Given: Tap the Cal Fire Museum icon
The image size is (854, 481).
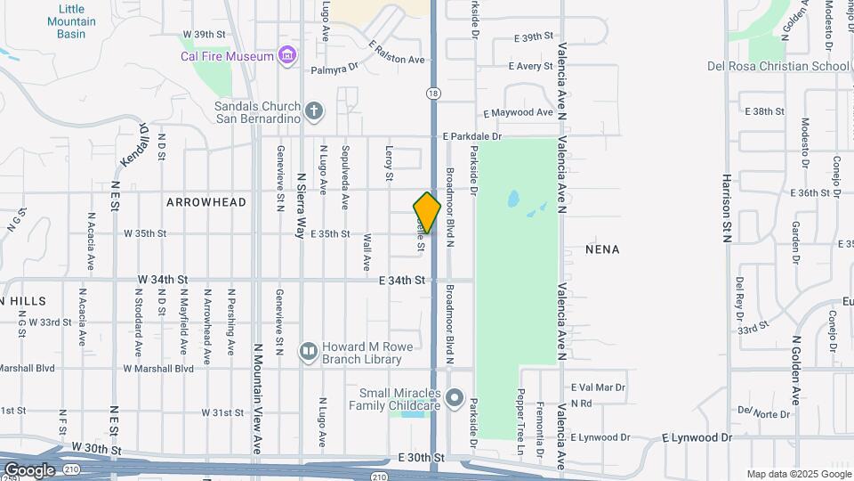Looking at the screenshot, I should click(286, 56).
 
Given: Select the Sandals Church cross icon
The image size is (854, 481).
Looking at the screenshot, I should click(313, 111).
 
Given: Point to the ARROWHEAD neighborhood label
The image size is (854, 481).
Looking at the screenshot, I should click(205, 202).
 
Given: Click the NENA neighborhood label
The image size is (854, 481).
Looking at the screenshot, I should click(602, 250).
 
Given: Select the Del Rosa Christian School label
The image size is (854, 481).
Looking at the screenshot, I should click(778, 66).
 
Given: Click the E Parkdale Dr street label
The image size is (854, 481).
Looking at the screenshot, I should click(472, 136).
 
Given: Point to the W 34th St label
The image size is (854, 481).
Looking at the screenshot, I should click(163, 280).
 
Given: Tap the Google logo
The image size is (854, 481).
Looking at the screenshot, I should click(29, 469).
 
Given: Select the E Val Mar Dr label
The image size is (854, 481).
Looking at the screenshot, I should click(598, 387).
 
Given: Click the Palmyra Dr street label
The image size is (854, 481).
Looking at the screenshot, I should click(334, 68).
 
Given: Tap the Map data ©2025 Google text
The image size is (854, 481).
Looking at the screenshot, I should click(799, 474).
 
